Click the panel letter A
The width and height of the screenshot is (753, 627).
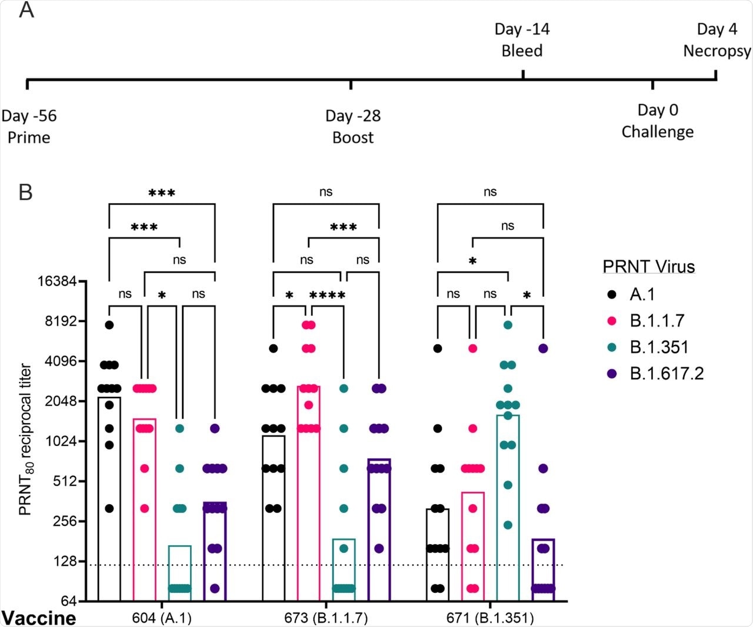click(x=26, y=10)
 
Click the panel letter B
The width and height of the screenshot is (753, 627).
click(x=26, y=192)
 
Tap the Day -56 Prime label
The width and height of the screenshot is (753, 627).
click(x=29, y=126)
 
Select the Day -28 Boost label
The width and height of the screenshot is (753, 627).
click(x=353, y=126)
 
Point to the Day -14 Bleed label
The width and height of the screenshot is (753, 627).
click(x=522, y=40)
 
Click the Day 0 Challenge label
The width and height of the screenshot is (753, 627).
click(x=658, y=120)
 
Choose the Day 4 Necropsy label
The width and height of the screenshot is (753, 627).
click(x=717, y=40)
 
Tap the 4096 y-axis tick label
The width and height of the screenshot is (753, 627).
click(x=61, y=361)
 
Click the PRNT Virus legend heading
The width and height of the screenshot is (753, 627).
click(x=649, y=267)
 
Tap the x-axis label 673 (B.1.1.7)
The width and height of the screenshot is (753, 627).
click(x=326, y=618)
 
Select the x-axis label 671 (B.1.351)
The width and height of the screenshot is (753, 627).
click(x=490, y=618)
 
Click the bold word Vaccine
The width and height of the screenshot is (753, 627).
click(x=39, y=618)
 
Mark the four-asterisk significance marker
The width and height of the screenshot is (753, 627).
click(x=327, y=295)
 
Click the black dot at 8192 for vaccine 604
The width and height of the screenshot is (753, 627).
click(x=109, y=324)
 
